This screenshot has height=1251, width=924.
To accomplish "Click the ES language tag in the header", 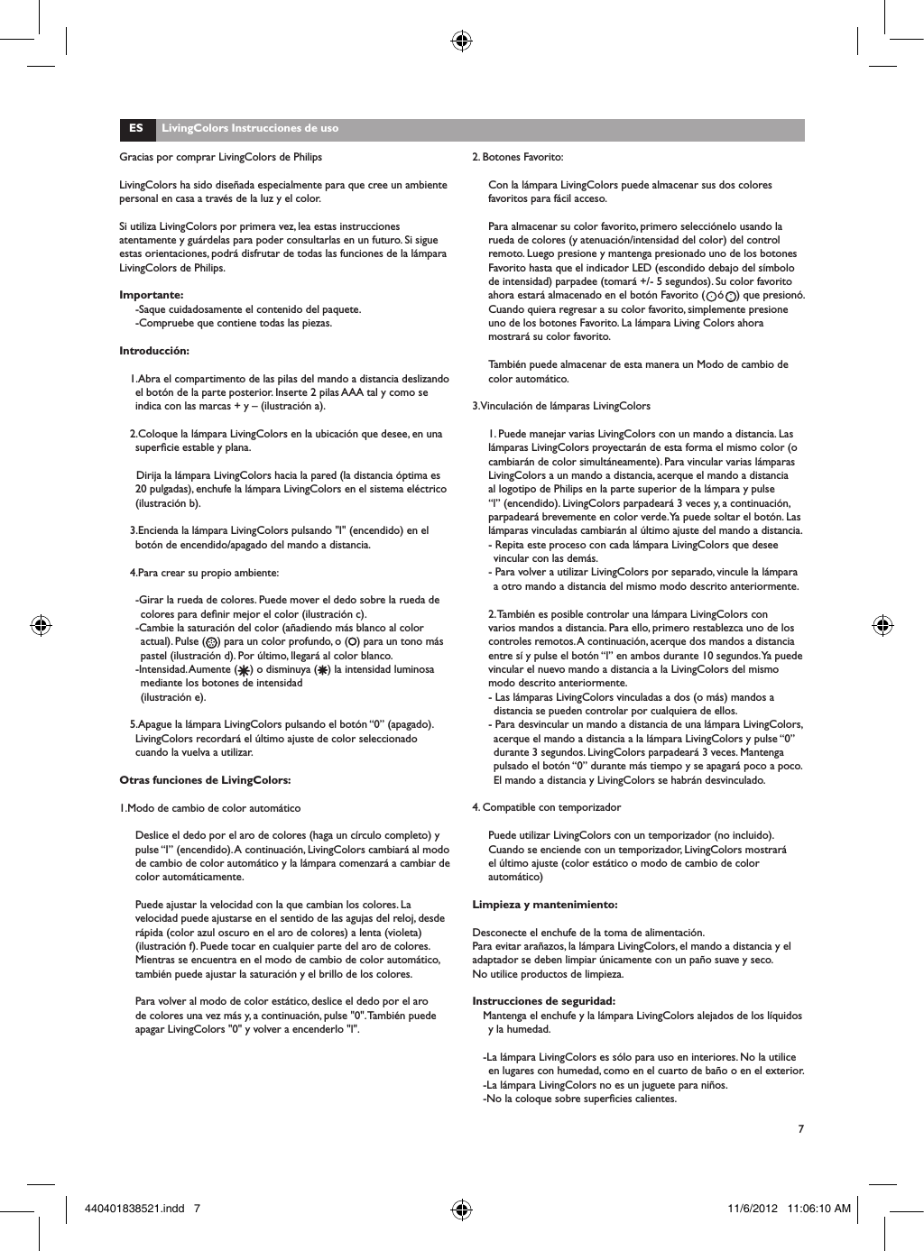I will pyautogui.click(x=135, y=128).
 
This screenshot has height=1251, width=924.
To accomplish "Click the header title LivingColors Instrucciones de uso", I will pyautogui.click(x=249, y=128).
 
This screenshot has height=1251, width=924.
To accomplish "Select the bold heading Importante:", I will pyautogui.click(x=152, y=295).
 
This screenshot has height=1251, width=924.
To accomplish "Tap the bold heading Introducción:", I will pyautogui.click(x=154, y=351).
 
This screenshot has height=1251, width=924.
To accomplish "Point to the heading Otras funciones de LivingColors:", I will pyautogui.click(x=205, y=780).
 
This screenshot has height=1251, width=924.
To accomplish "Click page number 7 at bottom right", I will pyautogui.click(x=800, y=1129).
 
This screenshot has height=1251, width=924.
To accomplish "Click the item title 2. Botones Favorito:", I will pyautogui.click(x=518, y=157).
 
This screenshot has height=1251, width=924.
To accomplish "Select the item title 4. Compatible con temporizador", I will pyautogui.click(x=547, y=807).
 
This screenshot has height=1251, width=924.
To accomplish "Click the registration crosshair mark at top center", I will pyautogui.click(x=461, y=40).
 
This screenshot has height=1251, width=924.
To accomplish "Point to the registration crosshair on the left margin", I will pyautogui.click(x=39, y=625).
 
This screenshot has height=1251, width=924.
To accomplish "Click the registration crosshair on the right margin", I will pyautogui.click(x=884, y=625).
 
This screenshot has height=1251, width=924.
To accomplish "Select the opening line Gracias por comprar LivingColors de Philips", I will pyautogui.click(x=221, y=157).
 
